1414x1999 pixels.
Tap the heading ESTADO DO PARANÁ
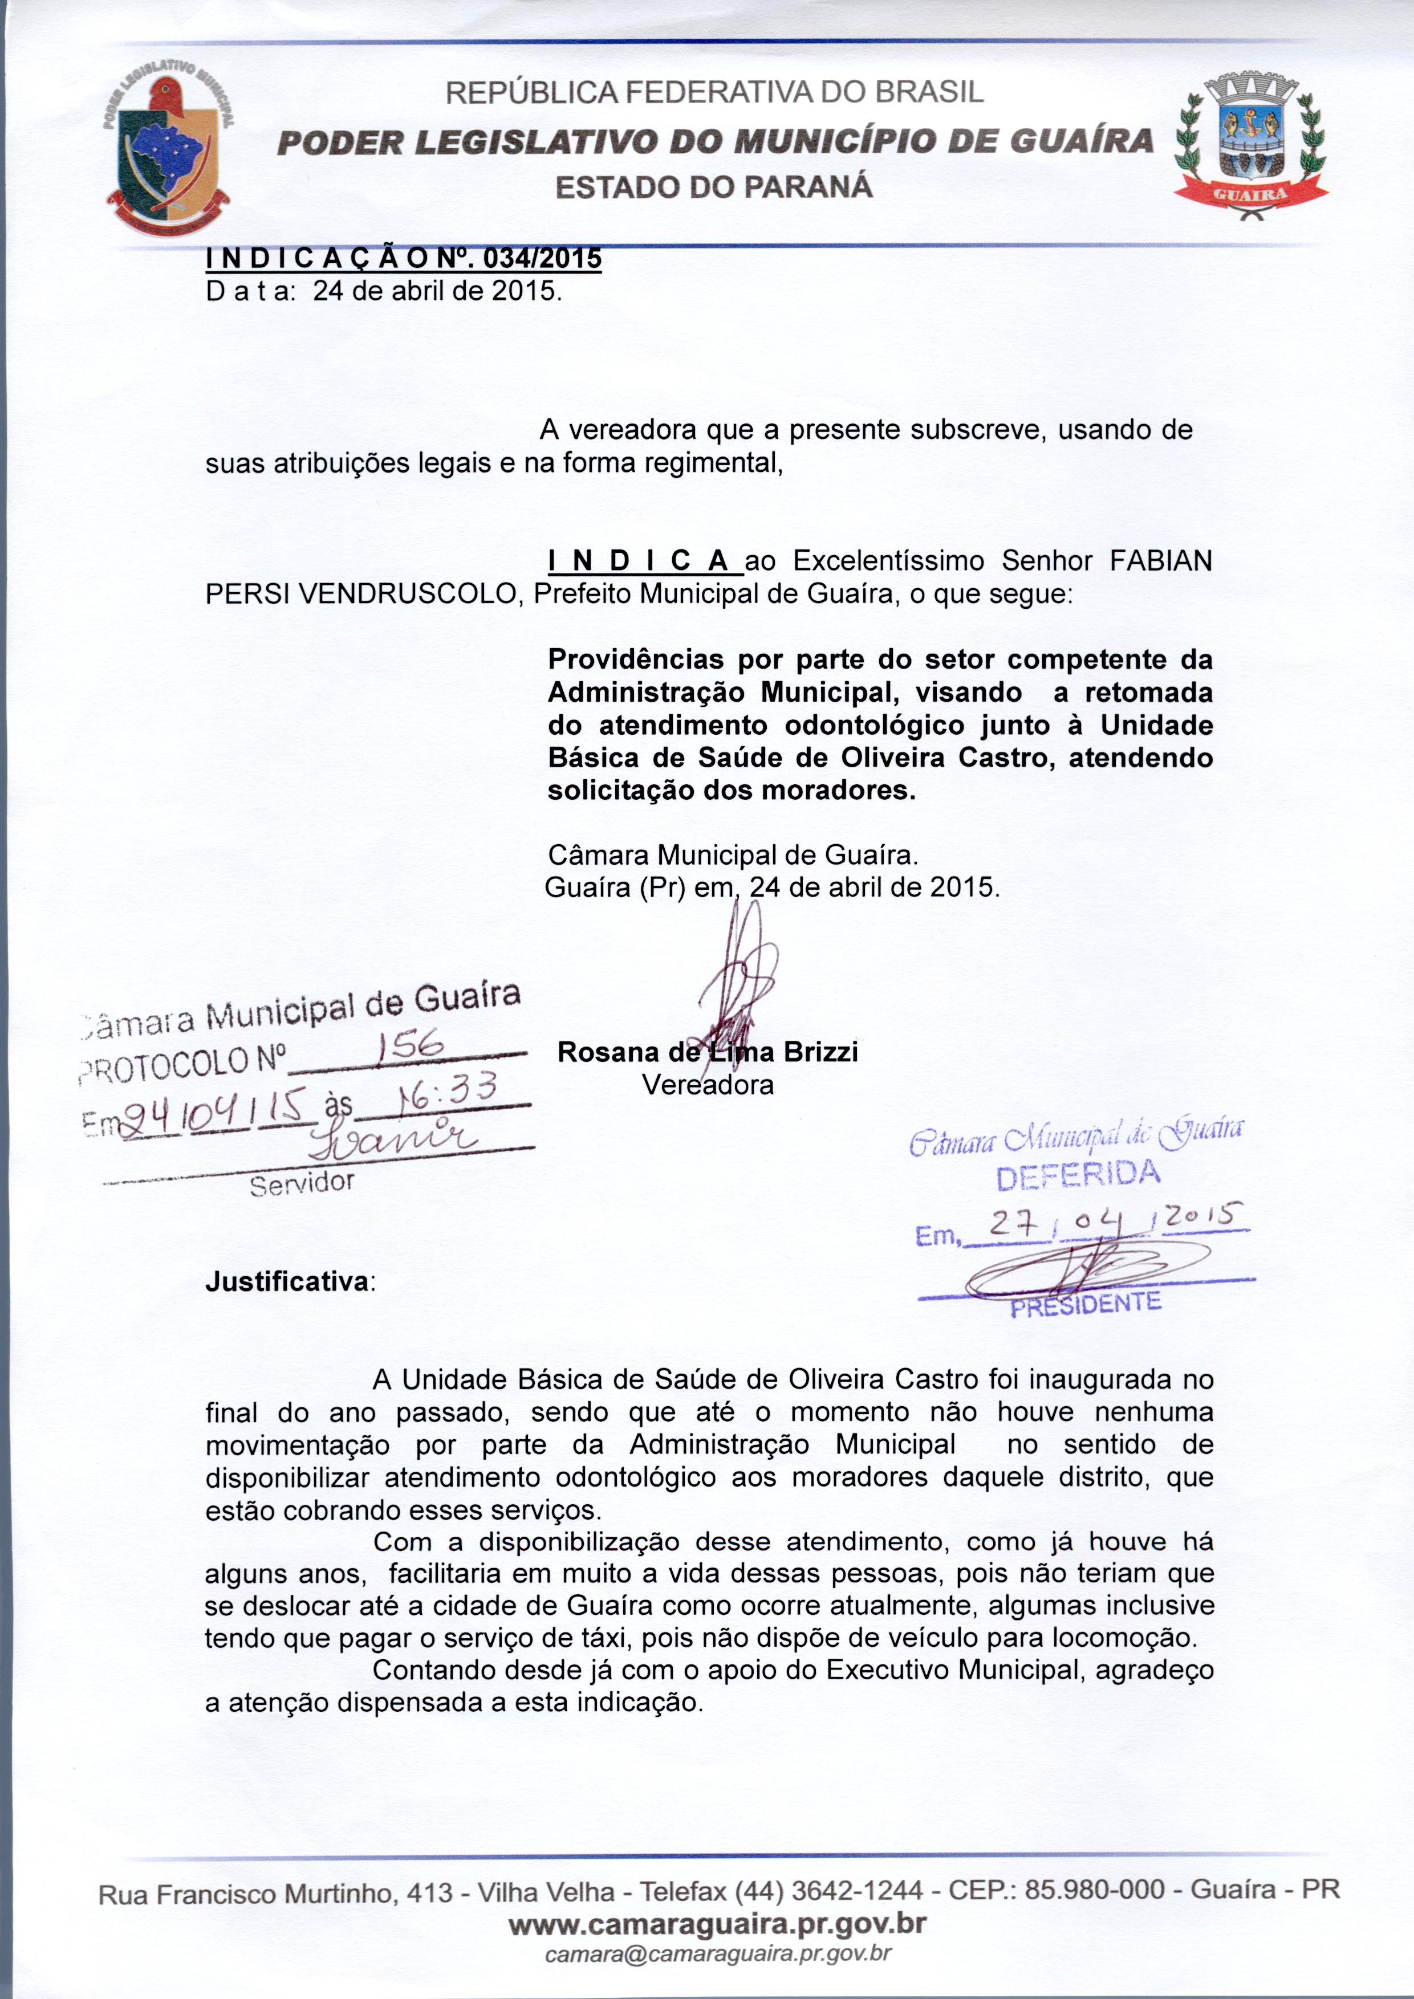click(713, 187)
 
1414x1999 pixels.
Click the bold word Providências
click(636, 659)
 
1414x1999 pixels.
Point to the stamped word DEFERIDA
click(1078, 1175)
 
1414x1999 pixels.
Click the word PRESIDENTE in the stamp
click(1085, 1304)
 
